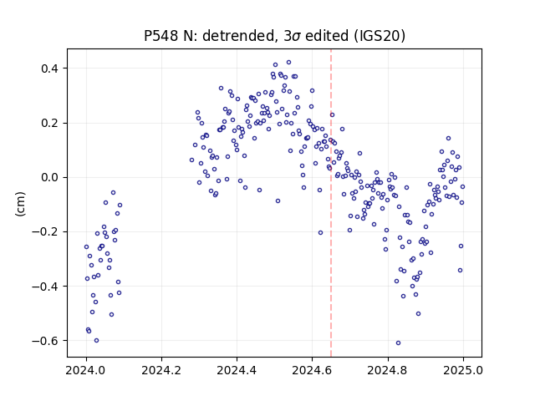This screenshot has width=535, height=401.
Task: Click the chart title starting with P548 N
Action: [274, 36]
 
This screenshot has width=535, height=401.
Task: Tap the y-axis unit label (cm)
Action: [20, 204]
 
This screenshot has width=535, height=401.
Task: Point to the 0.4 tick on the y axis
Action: [49, 69]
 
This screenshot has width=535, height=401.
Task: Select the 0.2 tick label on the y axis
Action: [49, 123]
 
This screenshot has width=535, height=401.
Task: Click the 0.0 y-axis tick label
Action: [49, 178]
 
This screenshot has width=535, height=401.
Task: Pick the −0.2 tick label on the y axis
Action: [45, 232]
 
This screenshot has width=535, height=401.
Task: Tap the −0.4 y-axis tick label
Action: [45, 287]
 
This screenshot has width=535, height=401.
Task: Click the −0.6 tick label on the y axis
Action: [45, 341]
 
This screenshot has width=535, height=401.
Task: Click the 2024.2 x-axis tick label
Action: [161, 370]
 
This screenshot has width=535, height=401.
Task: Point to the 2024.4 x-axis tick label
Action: [237, 370]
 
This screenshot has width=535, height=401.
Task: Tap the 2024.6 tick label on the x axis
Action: [312, 370]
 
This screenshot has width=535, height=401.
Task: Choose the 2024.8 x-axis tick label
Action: [387, 370]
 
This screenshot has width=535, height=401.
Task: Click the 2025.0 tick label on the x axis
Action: [463, 370]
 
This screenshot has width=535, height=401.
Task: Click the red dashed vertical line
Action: [331, 203]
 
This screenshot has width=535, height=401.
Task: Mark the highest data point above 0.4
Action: [288, 63]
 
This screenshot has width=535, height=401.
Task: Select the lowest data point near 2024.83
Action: [398, 343]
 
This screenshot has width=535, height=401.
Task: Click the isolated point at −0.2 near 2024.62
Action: [320, 232]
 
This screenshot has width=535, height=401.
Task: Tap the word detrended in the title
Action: [238, 36]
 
